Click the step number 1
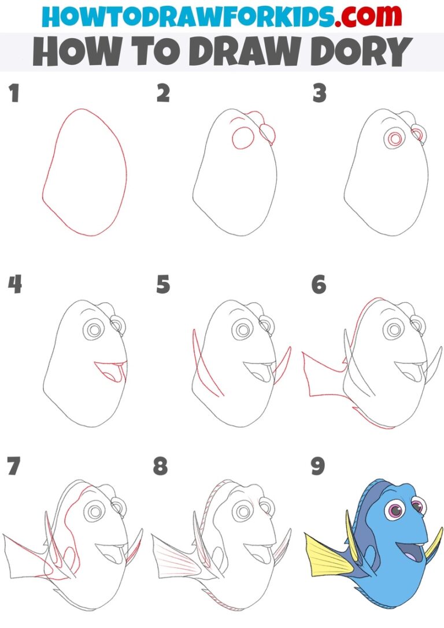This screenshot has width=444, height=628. (14, 94)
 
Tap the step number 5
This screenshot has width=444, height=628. (163, 285)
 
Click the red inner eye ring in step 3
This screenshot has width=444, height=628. (395, 139)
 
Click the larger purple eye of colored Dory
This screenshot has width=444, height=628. (396, 511)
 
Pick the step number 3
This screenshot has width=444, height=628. (319, 94)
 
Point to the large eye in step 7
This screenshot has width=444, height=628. (92, 511)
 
